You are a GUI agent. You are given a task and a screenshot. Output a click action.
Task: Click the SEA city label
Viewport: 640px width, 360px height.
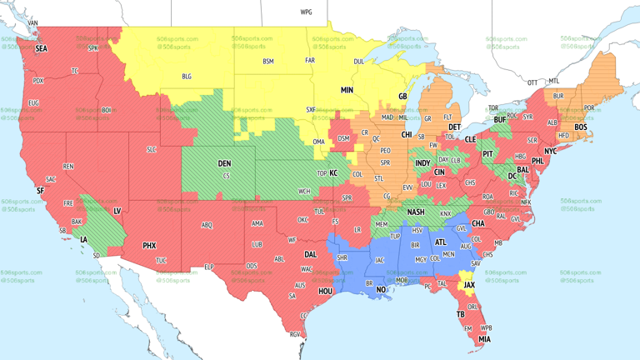tap(41, 49)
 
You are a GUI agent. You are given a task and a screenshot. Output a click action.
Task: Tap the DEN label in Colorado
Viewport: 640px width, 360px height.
tap(224, 163)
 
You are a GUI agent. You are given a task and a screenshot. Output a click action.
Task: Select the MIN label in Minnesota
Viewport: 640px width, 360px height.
tap(347, 89)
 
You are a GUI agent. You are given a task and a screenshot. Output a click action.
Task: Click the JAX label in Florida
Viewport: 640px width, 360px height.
tap(469, 285)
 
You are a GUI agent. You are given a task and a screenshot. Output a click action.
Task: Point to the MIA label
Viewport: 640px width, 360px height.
tap(484, 339)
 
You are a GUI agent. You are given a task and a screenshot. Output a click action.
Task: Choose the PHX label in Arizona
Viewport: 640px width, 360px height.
tap(149, 246)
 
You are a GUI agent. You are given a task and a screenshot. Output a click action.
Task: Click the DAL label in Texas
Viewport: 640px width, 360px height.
tap(310, 254)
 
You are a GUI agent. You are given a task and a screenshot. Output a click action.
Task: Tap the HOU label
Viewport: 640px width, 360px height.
tap(325, 292)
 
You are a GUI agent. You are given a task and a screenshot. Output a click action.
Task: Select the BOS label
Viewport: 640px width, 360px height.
tap(580, 127)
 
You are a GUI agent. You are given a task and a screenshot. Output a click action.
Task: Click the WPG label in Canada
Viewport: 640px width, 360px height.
tap(306, 12)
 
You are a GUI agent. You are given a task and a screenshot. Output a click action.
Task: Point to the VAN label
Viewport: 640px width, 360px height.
tap(33, 22)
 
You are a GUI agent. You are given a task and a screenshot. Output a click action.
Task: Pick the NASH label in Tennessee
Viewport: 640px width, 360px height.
tap(415, 212)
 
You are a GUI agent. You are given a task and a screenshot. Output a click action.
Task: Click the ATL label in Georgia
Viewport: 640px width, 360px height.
tap(440, 242)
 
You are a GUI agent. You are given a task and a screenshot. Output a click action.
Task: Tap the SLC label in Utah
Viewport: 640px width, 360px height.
tap(151, 149)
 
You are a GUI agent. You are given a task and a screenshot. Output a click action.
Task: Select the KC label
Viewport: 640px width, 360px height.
tap(333, 172)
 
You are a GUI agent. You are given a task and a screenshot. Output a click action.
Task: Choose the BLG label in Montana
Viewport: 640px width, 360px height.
tap(187, 77)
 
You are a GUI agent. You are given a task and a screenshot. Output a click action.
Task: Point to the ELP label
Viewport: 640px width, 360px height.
tap(209, 267)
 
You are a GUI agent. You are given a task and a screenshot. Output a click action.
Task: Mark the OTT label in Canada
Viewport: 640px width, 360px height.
tap(532, 82)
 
